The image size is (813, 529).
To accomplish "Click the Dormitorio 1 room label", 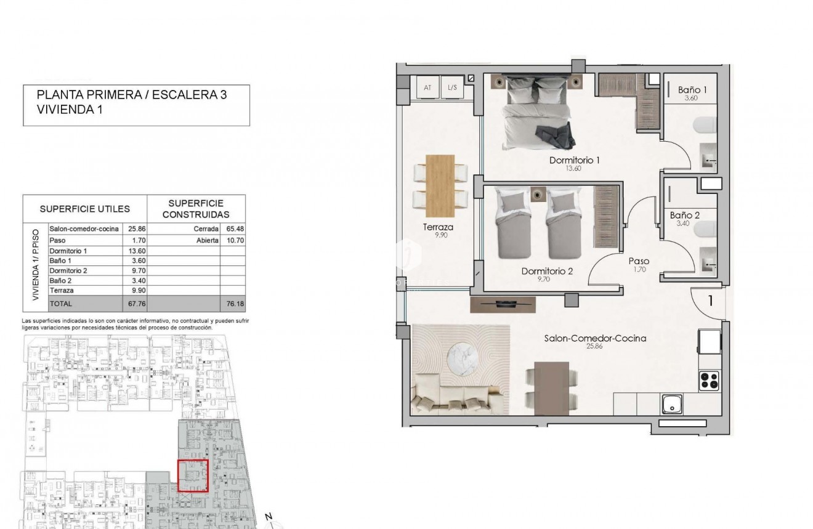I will click(574, 160).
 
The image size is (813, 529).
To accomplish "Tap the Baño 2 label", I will click(684, 216).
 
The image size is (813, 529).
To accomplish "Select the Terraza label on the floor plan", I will click(438, 227).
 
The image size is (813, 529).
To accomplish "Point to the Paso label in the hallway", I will click(639, 261).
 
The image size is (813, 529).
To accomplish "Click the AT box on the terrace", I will click(427, 88).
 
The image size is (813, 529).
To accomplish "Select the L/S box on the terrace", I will click(453, 88).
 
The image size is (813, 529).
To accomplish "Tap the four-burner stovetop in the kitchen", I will click(710, 380).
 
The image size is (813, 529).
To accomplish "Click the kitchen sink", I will click(669, 404).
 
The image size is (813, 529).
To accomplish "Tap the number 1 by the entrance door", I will click(710, 301).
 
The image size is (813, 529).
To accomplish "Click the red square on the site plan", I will click(193, 475).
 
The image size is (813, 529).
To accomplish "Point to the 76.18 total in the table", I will click(232, 304).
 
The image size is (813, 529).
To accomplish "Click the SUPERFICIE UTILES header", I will click(84, 209).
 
